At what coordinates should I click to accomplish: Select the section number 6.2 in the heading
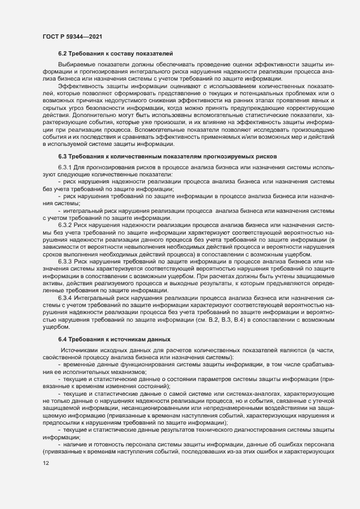(64, 53)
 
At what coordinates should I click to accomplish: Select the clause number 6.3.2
(65, 224)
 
